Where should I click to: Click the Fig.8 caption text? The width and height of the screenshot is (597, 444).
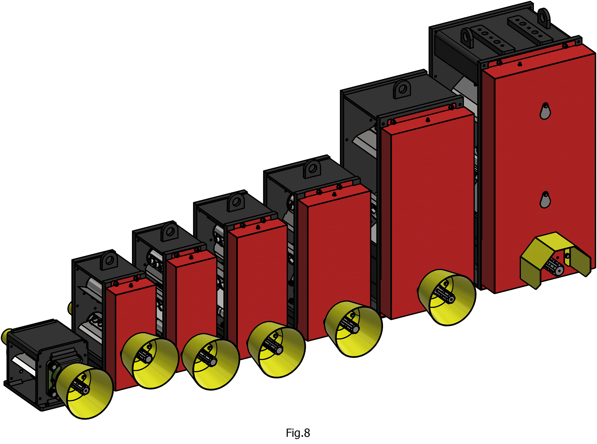[298, 433]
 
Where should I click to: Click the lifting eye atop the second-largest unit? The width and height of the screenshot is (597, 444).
[402, 89]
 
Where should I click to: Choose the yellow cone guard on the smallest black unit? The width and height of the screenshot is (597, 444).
[84, 391]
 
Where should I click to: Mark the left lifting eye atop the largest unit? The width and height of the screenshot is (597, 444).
[467, 38]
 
